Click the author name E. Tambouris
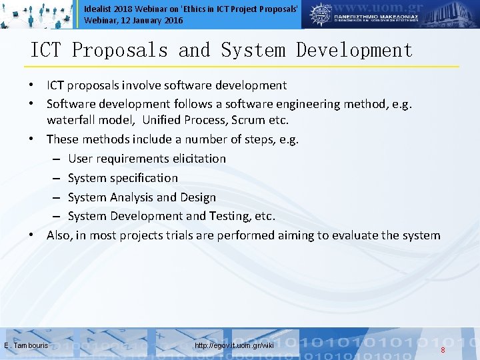(26, 345)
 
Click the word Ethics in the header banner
(199, 7)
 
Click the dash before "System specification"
(58, 178)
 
